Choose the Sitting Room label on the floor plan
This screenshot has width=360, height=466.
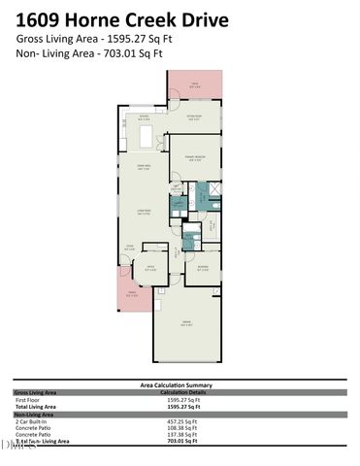pyautogui.click(x=193, y=117)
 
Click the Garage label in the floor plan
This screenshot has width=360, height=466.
pyautogui.click(x=185, y=321)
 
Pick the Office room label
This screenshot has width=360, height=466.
pyautogui.click(x=150, y=268)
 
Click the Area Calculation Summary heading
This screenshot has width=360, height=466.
pyautogui.click(x=180, y=385)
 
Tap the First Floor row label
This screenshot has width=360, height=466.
pyautogui.click(x=28, y=400)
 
